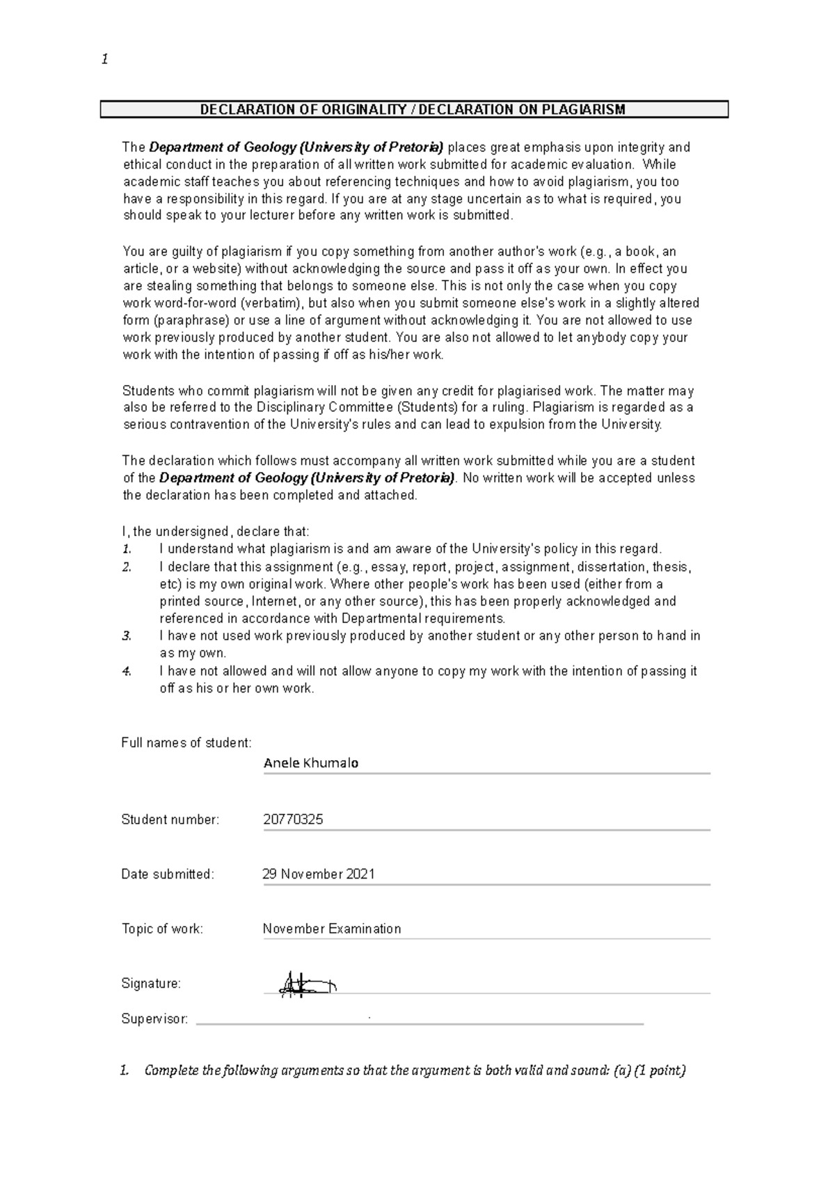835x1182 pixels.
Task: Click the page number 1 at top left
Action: [x=104, y=60]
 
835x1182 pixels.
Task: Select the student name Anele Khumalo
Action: [x=311, y=763]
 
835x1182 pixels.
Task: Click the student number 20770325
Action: [x=293, y=819]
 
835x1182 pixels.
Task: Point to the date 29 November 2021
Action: [x=319, y=874]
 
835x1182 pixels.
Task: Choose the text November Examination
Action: [x=332, y=929]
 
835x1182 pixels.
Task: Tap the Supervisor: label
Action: [x=154, y=1019]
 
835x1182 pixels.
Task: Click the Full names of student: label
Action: [x=186, y=743]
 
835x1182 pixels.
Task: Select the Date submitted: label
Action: [x=168, y=874]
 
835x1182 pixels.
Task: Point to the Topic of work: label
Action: [x=162, y=929]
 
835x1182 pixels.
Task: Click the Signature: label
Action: [x=151, y=984]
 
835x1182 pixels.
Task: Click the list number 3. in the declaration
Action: [x=126, y=636]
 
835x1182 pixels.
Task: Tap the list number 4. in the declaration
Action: [x=126, y=671]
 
